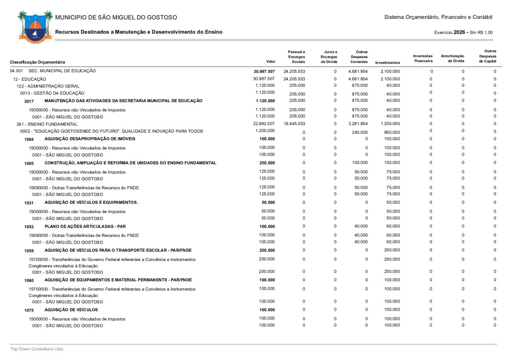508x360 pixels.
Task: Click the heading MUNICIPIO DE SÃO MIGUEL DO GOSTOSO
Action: tap(116, 18)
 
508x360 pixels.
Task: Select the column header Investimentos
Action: tap(387, 62)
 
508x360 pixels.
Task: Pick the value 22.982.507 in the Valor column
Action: tap(264, 124)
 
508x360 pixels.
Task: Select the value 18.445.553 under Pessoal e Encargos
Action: tap(294, 124)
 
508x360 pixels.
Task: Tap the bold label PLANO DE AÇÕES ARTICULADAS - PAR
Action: tap(89, 226)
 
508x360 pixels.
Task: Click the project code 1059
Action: tap(29, 251)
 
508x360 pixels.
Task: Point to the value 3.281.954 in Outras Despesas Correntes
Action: tap(358, 124)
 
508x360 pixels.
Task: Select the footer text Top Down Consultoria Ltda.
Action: tap(38, 349)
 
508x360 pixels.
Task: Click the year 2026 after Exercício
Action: tap(460, 32)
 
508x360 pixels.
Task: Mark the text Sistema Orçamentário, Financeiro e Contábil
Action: tap(438, 18)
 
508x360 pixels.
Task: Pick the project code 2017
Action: tap(29, 101)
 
